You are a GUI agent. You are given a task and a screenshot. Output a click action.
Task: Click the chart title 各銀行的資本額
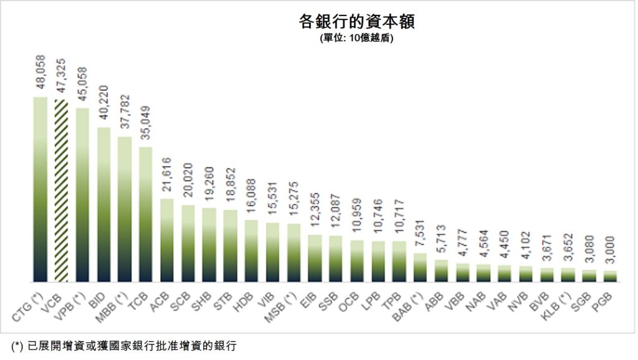(x=356, y=22)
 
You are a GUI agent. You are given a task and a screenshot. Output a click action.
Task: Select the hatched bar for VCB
(x=61, y=190)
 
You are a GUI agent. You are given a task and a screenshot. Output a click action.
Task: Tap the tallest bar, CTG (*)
(x=40, y=189)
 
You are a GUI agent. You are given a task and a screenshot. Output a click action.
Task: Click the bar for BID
(x=103, y=205)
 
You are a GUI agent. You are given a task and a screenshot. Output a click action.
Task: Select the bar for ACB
(x=167, y=240)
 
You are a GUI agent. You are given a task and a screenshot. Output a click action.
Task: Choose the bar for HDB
(x=252, y=251)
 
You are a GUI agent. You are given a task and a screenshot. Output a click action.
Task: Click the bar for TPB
(x=400, y=262)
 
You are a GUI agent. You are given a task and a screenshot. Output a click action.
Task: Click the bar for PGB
(x=611, y=277)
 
